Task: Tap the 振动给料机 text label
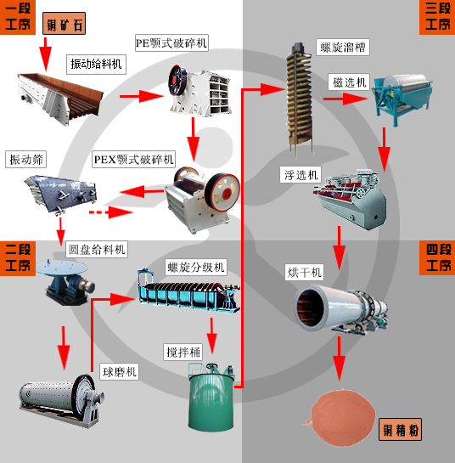(x=97, y=64)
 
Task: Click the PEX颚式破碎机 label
(x=133, y=159)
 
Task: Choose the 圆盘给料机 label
(x=97, y=249)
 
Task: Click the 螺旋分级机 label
(x=196, y=267)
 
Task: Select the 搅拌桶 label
(x=183, y=350)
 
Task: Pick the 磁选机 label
(x=348, y=82)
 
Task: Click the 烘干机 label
(x=304, y=272)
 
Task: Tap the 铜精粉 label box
(x=401, y=431)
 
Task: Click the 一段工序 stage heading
(x=18, y=17)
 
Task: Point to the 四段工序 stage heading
(x=438, y=257)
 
